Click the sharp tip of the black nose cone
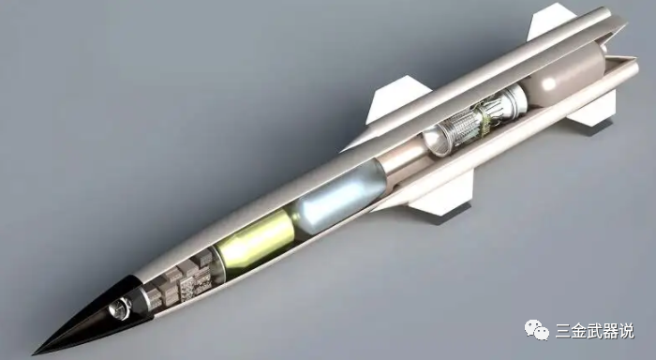coord(34,353)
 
